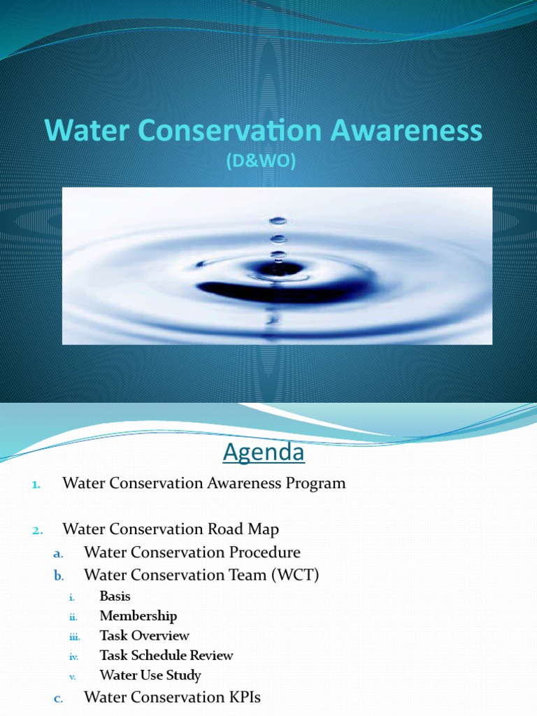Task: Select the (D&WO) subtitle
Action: [260, 162]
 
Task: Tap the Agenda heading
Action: [264, 453]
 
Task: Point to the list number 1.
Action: [38, 484]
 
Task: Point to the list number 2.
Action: [38, 531]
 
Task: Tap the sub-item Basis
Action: [115, 596]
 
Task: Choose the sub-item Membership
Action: [138, 616]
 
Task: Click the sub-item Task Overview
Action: [144, 636]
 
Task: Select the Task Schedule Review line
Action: [166, 655]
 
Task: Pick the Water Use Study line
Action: [150, 675]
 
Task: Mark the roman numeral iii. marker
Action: [74, 637]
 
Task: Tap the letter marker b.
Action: [59, 575]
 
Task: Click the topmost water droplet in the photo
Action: [278, 220]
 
